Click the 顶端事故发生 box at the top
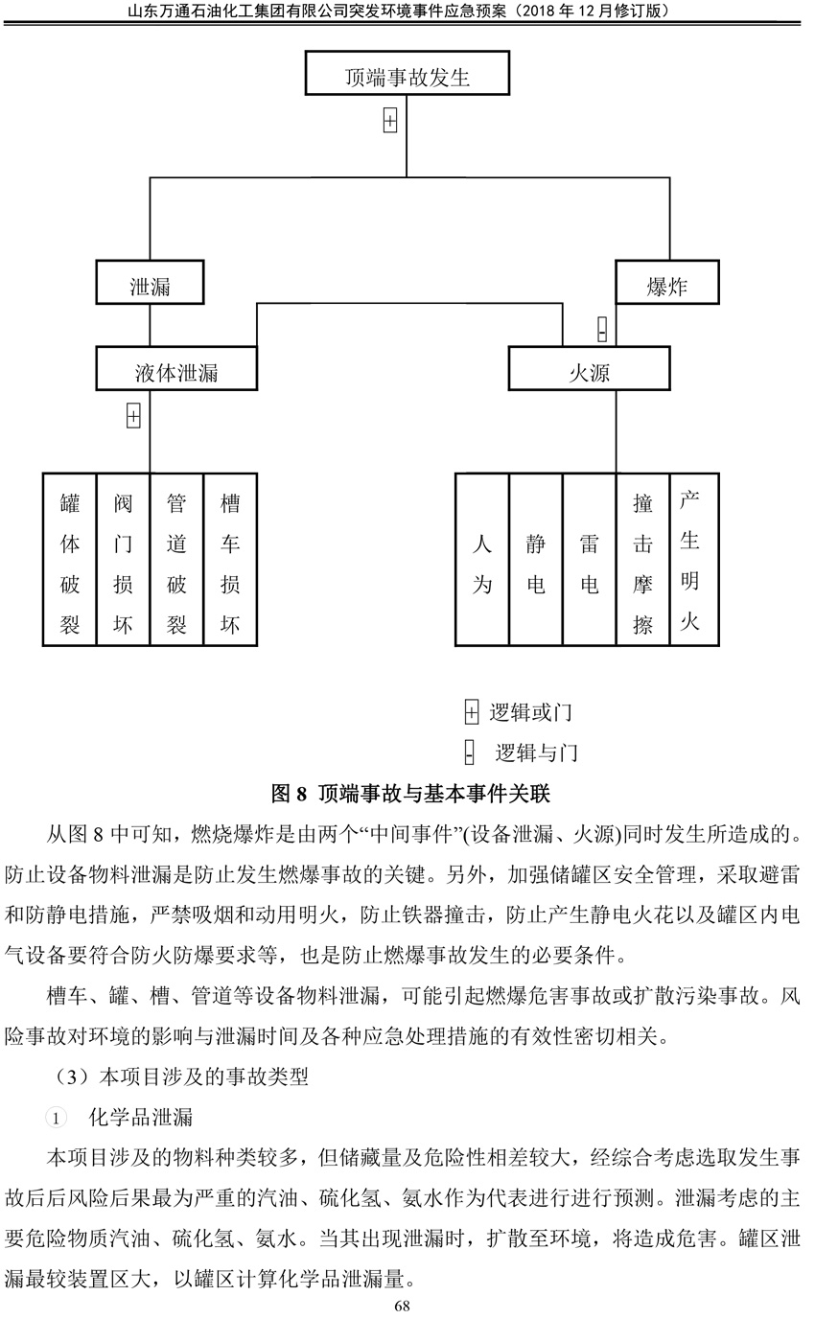[x=407, y=73]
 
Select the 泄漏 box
[x=150, y=282]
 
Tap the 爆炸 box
[x=667, y=282]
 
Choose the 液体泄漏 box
[x=176, y=369]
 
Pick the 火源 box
[x=589, y=369]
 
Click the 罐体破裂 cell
[x=69, y=560]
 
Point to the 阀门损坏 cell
[x=123, y=560]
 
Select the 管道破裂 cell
[x=176, y=560]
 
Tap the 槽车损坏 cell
[x=230, y=560]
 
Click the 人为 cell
[x=482, y=560]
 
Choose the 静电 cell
[x=536, y=560]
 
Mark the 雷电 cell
[x=590, y=560]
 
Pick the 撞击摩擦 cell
[x=643, y=560]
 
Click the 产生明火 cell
[x=694, y=560]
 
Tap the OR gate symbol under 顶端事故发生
[x=390, y=121]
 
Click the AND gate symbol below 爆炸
[x=602, y=329]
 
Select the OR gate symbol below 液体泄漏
[x=133, y=416]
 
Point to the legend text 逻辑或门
[x=530, y=712]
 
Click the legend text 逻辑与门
[x=537, y=752]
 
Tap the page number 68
[x=402, y=1306]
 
